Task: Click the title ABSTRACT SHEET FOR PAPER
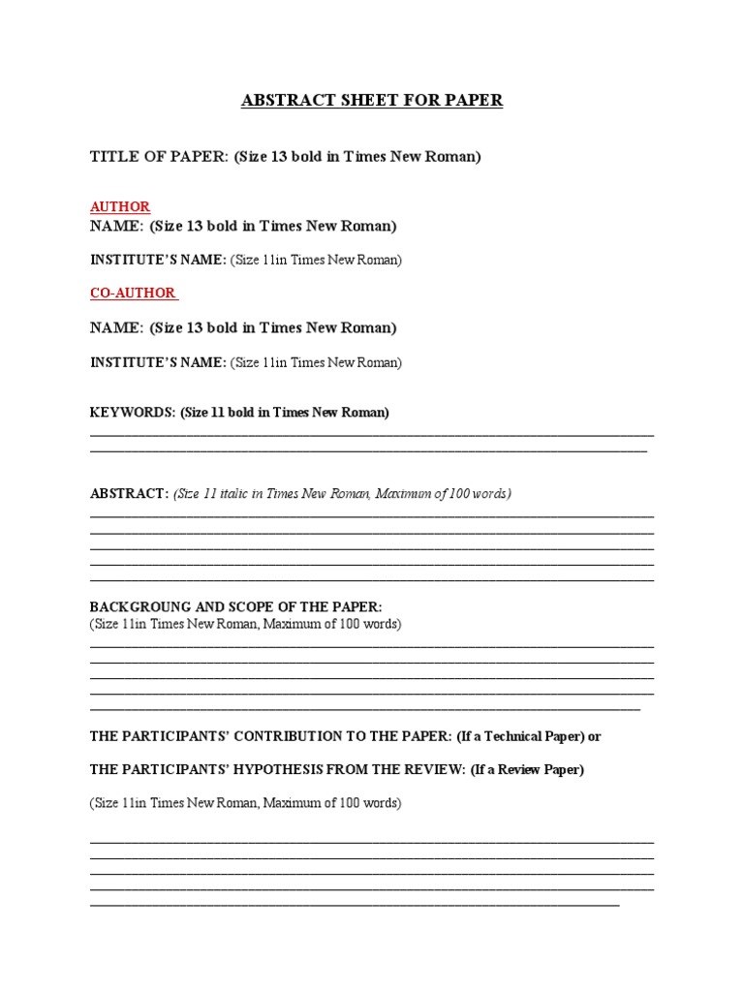[x=372, y=101]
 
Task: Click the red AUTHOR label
[x=120, y=207]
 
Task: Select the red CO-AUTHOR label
[x=133, y=293]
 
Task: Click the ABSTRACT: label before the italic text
[x=130, y=494]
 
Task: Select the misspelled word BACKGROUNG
[x=136, y=607]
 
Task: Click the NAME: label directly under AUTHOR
[x=116, y=227]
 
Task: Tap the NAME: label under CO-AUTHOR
[x=116, y=327]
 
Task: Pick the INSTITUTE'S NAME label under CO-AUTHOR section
[x=158, y=362]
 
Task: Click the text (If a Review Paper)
[x=527, y=770]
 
